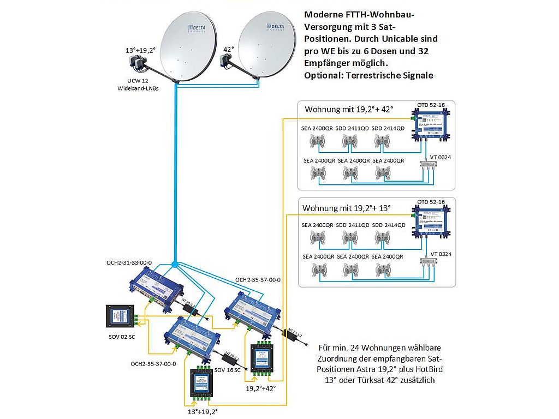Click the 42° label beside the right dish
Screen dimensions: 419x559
(229, 50)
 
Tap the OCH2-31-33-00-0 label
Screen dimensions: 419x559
(129, 262)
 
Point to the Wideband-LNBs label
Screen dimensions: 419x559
(139, 88)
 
